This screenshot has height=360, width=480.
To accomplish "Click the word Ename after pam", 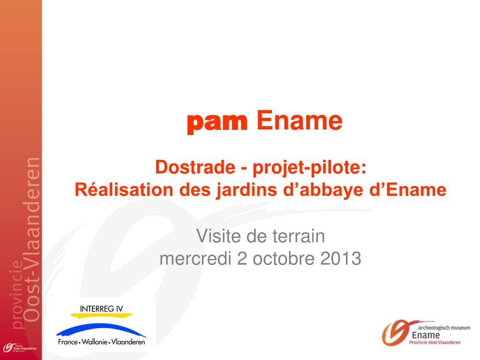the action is [300, 120].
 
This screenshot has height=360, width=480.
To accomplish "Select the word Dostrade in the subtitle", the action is [195, 167].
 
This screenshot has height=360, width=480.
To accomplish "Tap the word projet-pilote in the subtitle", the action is [309, 168].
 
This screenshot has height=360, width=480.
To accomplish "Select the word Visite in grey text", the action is [218, 236].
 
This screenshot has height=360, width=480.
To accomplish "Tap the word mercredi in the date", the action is [195, 258].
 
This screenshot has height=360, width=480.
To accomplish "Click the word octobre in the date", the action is [284, 258].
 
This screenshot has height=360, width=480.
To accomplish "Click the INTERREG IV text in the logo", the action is [101, 309].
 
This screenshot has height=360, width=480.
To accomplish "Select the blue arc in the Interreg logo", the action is [101, 329].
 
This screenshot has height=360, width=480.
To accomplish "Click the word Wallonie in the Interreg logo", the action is [95, 342].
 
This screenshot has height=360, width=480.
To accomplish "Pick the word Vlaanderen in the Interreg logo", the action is [128, 342].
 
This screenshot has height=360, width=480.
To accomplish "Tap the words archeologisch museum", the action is [444, 328].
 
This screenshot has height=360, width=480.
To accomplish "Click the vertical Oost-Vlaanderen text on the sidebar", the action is [32, 240].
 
